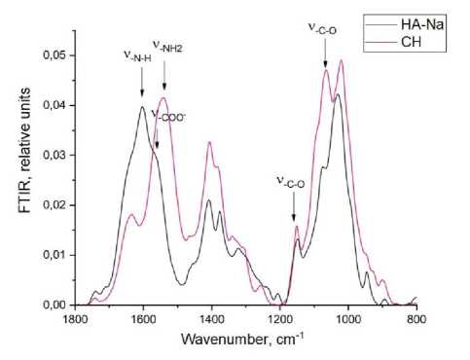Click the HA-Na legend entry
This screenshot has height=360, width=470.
tap(405, 24)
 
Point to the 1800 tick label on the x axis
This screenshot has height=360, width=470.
tap(75, 319)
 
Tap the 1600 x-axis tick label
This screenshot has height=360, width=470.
tap(143, 319)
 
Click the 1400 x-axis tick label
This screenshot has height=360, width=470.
tap(211, 319)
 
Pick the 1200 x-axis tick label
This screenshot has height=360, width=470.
tap(280, 319)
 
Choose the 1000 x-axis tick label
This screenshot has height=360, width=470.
tap(348, 319)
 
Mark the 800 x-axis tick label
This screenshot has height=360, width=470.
tap(416, 319)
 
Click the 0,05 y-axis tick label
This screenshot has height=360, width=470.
tap(54, 55)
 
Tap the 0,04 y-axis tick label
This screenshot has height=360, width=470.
tap(54, 105)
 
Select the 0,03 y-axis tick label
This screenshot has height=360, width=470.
tap(54, 156)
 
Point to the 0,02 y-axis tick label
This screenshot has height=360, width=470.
tap(54, 205)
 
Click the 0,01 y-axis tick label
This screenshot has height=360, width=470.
tap(54, 255)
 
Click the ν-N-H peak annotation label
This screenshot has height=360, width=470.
tap(137, 55)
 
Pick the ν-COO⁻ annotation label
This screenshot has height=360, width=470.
tap(168, 116)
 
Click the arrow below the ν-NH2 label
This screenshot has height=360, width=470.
tap(164, 76)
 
